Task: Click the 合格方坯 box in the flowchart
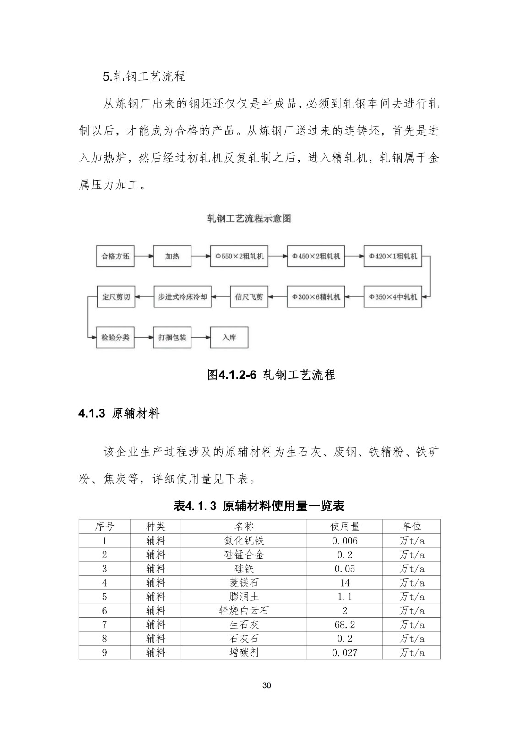point(115,256)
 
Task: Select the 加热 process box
point(172,256)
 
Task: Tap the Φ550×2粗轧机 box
point(239,256)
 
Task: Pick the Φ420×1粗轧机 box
point(393,256)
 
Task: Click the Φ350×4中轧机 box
point(393,297)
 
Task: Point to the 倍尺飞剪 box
point(249,297)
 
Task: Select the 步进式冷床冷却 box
point(182,297)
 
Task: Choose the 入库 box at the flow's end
point(229,338)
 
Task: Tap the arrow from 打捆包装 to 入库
point(201,338)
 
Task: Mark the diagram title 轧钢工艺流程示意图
point(249,219)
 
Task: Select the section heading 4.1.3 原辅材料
point(119,414)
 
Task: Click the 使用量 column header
point(344,527)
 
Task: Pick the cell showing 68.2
point(344,624)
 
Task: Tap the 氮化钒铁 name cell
point(244,541)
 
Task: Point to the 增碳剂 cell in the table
point(244,652)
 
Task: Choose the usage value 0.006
point(344,541)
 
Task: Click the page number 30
point(267,685)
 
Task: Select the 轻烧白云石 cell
point(244,611)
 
